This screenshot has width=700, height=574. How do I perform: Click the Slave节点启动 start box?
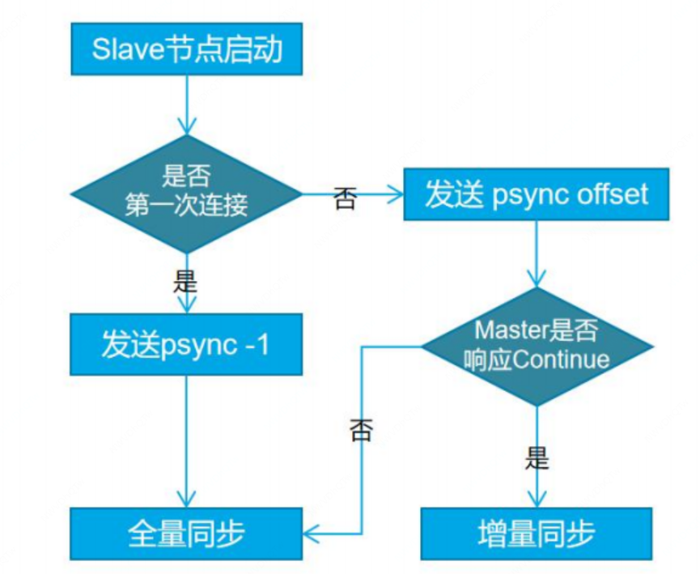pyautogui.click(x=186, y=50)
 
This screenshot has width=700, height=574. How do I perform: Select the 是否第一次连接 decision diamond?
pyautogui.click(x=186, y=194)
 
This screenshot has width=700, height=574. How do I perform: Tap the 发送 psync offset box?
pyautogui.click(x=537, y=195)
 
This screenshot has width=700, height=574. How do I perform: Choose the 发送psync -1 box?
pyautogui.click(x=186, y=346)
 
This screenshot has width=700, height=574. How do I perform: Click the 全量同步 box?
pyautogui.click(x=186, y=534)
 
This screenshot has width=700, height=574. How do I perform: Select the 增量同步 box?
pyautogui.click(x=537, y=534)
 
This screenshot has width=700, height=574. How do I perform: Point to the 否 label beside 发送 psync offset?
pyautogui.click(x=345, y=199)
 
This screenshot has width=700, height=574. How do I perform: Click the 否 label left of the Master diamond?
pyautogui.click(x=361, y=430)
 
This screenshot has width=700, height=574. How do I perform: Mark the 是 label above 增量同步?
pyautogui.click(x=537, y=459)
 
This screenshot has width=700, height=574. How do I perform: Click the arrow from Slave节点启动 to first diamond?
pyautogui.click(x=186, y=104)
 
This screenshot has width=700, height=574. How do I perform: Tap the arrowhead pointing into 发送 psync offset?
pyautogui.click(x=396, y=193)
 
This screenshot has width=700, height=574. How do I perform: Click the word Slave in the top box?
pyautogui.click(x=122, y=50)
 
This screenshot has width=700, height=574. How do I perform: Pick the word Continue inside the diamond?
pyautogui.click(x=561, y=358)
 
